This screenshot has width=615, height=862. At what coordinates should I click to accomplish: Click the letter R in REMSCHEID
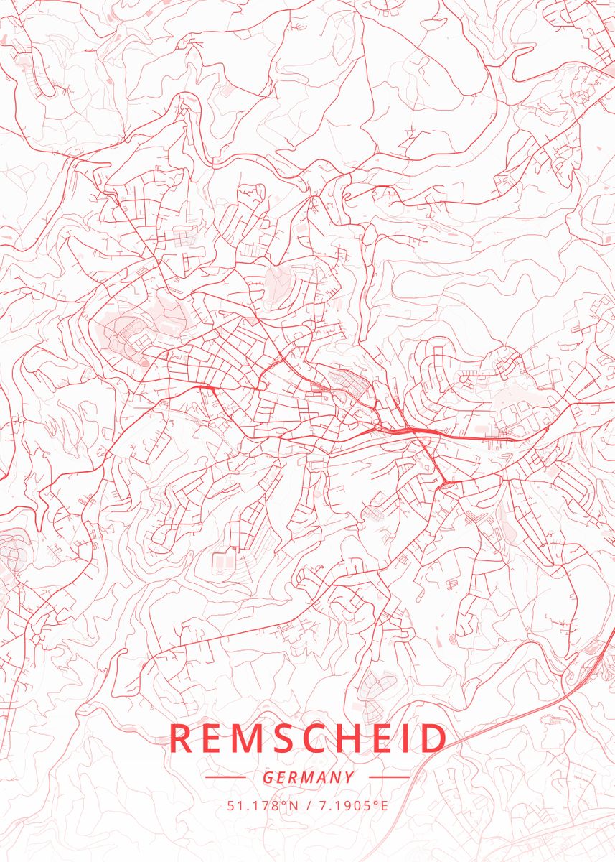pos(184,738)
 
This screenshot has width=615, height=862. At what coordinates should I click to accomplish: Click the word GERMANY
pos(308,777)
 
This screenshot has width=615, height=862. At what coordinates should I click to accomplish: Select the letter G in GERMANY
pos(268,777)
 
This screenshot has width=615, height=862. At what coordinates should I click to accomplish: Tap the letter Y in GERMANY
pos(349,777)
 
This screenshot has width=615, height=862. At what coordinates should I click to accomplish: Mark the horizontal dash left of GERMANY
pos(225,777)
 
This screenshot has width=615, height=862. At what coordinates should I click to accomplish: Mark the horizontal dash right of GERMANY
pos(390,777)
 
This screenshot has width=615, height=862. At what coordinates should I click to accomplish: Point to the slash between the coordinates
pos(307,805)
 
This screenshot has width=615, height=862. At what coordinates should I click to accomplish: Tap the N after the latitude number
pos(293,805)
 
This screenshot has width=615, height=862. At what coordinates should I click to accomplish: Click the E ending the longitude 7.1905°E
pos(384,805)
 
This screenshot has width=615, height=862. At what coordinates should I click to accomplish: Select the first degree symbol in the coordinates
pos(283,802)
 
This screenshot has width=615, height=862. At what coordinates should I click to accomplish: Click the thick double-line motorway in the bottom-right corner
pos(545,708)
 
